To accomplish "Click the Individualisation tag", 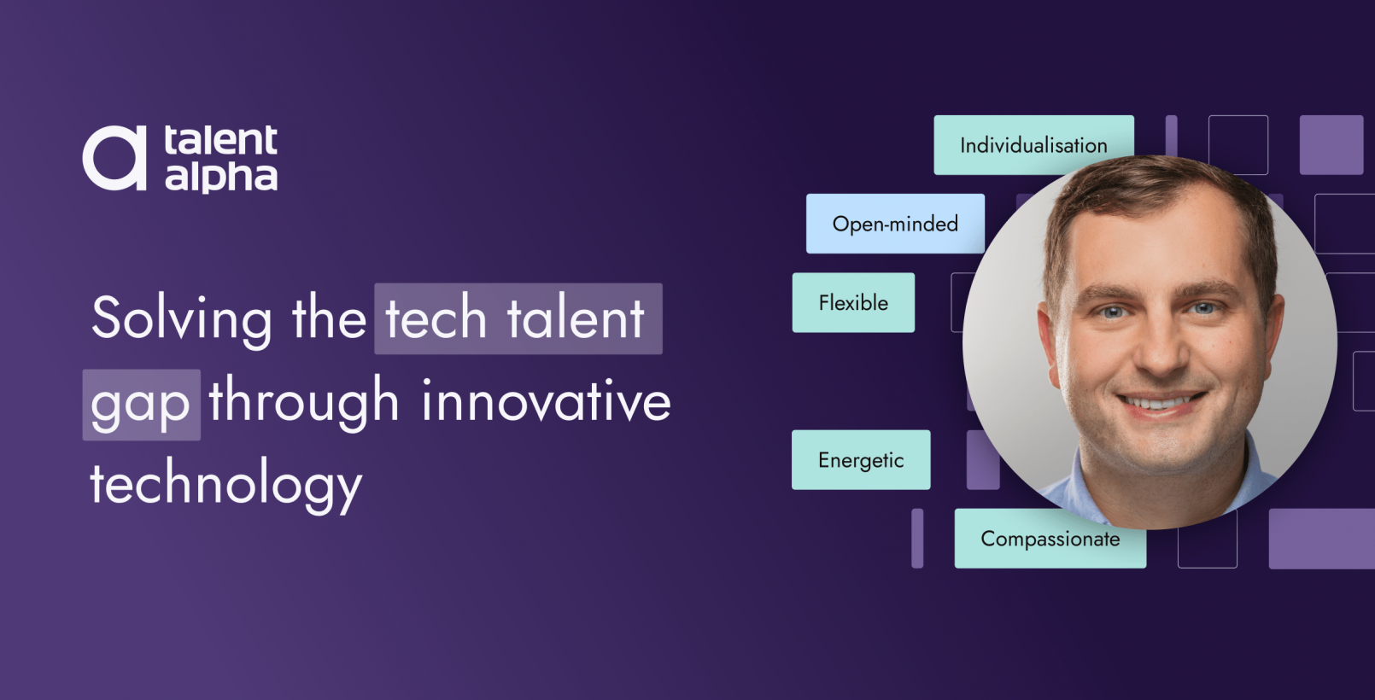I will (1033, 145).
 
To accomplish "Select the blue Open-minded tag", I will (895, 224).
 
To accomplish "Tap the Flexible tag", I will (853, 302).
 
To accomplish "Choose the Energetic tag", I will (861, 460).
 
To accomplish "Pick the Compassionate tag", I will (1050, 540).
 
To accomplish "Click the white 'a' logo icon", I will (114, 158).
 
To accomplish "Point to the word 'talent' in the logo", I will (221, 140).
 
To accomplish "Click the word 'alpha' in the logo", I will (221, 177).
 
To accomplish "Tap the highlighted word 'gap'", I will (141, 404).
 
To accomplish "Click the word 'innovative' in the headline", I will (547, 401).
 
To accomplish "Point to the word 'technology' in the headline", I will (226, 484).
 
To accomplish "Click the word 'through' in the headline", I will (304, 401).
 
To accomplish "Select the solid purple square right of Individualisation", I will (1331, 145).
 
